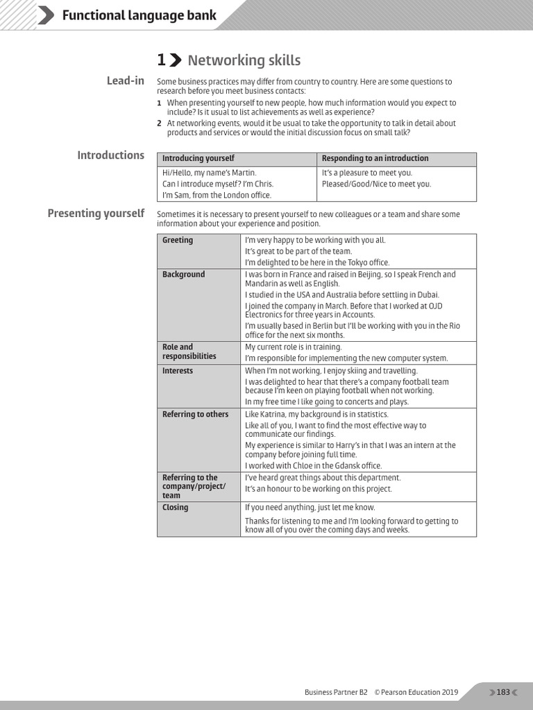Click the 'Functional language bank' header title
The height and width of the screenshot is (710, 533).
coord(139,15)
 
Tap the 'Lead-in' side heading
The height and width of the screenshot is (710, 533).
coord(126,81)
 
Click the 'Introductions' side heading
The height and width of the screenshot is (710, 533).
coord(111,155)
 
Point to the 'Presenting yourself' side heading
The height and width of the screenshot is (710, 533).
coord(96,214)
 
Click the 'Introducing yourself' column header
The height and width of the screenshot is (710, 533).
coord(198,159)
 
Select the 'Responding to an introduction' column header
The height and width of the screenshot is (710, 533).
coord(375,159)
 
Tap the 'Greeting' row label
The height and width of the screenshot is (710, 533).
coord(178,241)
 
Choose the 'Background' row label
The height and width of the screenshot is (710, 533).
coord(184,275)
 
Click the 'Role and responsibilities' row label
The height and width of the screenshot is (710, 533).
coord(189,352)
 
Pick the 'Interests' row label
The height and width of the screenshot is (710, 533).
coord(178,371)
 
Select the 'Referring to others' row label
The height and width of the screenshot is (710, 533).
coord(195,415)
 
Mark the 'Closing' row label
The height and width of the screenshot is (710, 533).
coord(175,508)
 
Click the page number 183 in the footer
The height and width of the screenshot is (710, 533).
coord(503,692)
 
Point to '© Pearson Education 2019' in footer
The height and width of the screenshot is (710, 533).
coord(416,692)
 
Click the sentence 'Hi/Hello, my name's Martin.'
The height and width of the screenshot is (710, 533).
coord(210,173)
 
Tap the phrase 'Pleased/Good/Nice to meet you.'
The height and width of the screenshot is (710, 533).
coord(377,184)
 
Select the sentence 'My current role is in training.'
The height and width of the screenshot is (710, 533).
coord(294,347)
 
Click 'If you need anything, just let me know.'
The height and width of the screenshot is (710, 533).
coord(310,508)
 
